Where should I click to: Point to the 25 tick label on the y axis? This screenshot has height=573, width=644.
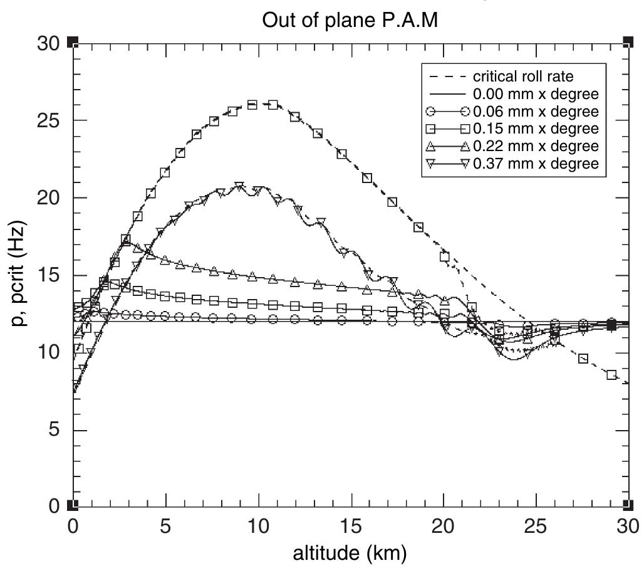tap(48, 120)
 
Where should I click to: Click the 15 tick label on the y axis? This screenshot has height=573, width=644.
tap(48, 275)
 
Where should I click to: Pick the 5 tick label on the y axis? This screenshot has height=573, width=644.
tap(54, 430)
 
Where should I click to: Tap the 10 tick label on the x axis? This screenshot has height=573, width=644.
tap(258, 525)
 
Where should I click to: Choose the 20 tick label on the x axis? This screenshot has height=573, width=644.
tap(444, 525)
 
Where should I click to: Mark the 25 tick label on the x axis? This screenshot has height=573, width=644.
tap(536, 525)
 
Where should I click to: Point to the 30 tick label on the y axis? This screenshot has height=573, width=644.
tap(48, 43)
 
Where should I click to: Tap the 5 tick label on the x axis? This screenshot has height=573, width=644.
tap(166, 525)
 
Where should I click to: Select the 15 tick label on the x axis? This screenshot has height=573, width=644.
tap(351, 525)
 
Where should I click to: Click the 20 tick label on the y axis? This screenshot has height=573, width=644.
tap(48, 198)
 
